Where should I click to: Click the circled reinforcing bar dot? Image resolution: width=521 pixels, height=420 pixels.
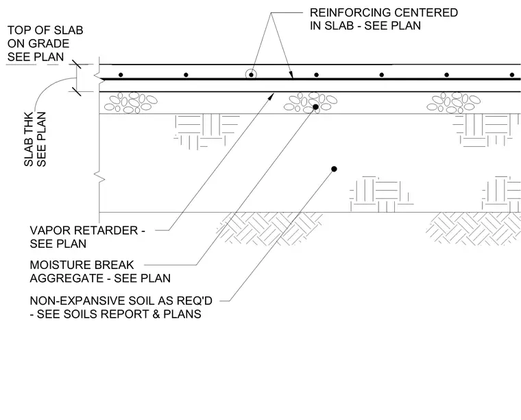point(251,75)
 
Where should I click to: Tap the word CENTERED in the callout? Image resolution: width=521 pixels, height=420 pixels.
point(426,12)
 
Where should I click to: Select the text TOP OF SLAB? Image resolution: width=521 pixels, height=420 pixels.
point(45,30)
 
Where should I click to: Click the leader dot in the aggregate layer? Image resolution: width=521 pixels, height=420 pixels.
point(315,107)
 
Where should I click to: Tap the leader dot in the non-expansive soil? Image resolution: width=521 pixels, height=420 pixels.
point(335,169)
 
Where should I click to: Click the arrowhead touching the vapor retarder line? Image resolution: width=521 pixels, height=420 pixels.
point(271,96)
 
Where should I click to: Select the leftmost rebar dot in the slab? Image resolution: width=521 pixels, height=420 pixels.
point(121,75)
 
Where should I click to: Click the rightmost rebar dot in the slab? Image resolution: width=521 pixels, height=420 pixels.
point(512,75)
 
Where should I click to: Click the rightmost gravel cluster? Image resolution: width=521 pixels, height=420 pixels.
point(454,103)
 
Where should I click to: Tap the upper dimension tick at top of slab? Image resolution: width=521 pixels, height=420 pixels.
point(77,65)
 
